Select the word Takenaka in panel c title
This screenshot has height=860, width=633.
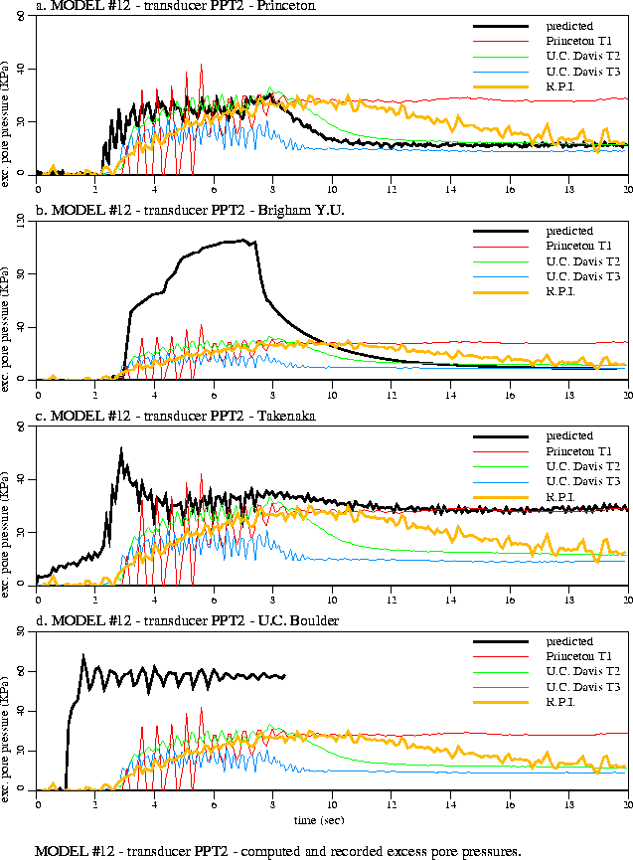286,417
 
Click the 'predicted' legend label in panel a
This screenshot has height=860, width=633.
569,26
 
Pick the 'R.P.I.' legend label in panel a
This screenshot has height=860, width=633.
561,86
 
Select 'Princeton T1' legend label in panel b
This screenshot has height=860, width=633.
578,246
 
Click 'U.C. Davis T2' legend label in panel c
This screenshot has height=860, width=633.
582,466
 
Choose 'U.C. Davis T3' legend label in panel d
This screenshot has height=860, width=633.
582,687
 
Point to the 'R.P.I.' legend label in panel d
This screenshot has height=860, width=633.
561,702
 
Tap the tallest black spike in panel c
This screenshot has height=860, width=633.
120,448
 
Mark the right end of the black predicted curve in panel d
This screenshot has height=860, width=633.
285,676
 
